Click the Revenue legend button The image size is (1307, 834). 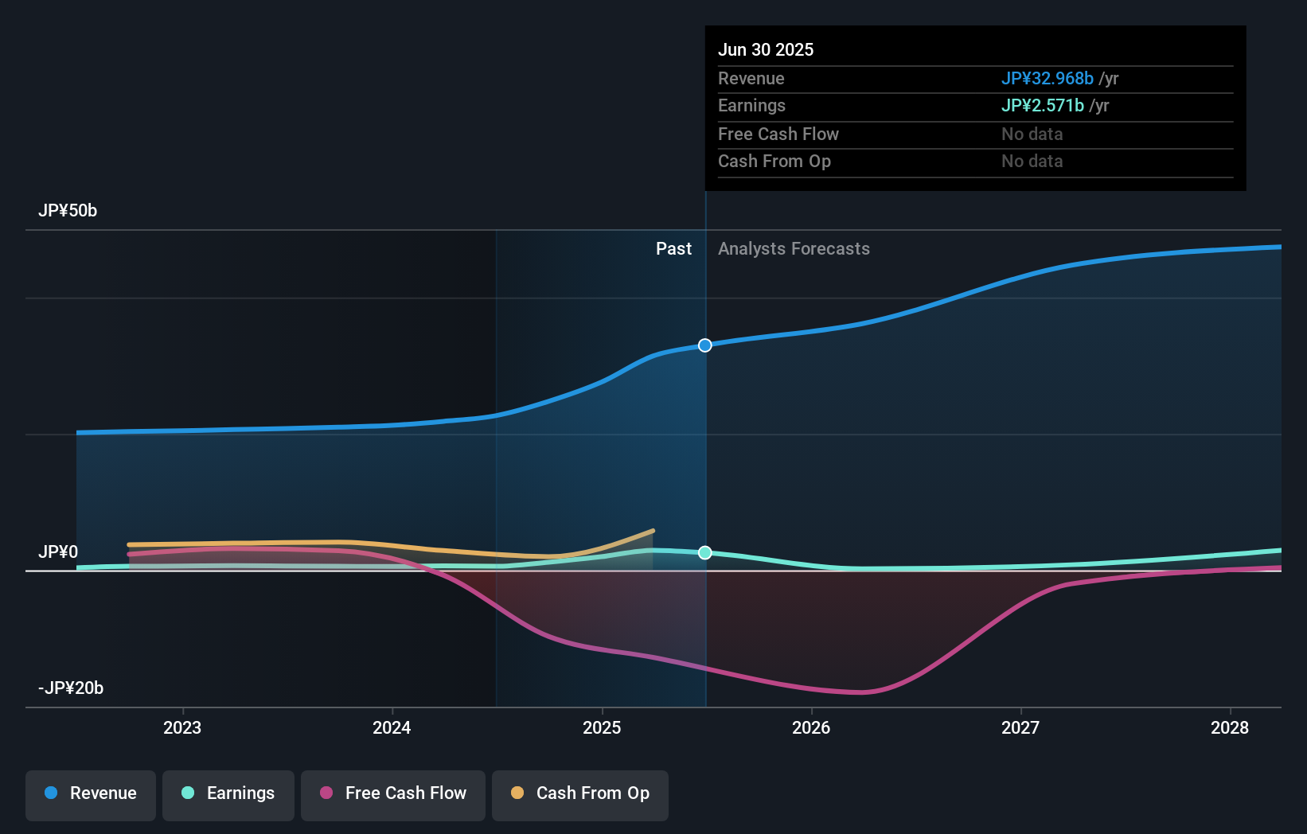(91, 794)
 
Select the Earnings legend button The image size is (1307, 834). (228, 794)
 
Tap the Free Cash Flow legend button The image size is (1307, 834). (393, 794)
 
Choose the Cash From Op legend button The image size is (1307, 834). (580, 794)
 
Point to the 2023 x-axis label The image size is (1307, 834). (182, 728)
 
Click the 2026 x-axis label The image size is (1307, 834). (811, 728)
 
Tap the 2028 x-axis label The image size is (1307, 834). (1230, 728)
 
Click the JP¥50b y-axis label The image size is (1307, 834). (68, 211)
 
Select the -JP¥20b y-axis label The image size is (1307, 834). (71, 688)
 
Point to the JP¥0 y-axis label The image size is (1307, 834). (58, 552)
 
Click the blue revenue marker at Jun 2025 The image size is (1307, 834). (705, 345)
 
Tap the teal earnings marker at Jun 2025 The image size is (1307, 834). (705, 552)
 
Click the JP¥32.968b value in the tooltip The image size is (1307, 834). (1047, 79)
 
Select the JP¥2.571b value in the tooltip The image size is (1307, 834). (1042, 106)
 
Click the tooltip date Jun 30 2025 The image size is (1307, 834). (766, 50)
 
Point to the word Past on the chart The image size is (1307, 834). (673, 249)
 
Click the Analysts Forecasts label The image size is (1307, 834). (794, 249)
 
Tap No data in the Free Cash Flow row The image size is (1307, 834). (1032, 134)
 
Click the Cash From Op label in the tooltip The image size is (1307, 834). (774, 162)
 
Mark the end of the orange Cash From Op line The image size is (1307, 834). (653, 531)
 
